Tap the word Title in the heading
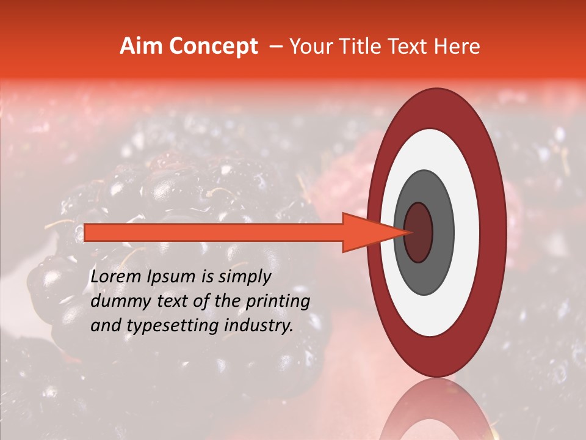[358, 46]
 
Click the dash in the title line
[275, 46]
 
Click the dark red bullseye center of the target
[419, 232]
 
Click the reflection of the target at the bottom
[436, 413]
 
